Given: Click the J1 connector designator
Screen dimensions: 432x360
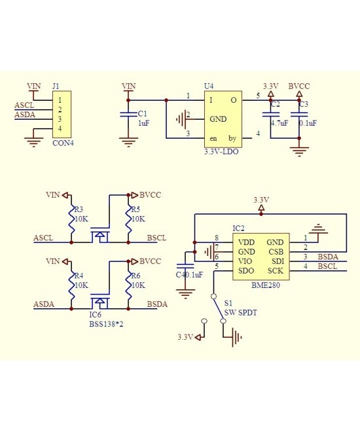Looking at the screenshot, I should click(56, 86).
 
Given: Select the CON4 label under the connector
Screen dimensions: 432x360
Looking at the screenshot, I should click(63, 144).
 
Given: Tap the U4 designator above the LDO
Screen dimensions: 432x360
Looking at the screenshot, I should click(209, 86).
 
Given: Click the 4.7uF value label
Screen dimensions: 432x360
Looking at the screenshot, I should click(279, 122).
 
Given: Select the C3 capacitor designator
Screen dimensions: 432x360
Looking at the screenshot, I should click(302, 104).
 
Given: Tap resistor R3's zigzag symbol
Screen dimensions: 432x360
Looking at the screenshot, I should click(71, 219).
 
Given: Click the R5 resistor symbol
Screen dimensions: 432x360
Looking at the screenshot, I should click(129, 219).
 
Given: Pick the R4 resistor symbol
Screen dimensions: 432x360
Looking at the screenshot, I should click(71, 285).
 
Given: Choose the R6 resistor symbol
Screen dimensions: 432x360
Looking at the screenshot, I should click(129, 285).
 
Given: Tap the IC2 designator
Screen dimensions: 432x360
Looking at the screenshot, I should click(239, 228).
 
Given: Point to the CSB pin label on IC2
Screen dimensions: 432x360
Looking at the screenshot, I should click(276, 251).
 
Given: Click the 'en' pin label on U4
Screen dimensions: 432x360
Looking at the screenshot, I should click(213, 139).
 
